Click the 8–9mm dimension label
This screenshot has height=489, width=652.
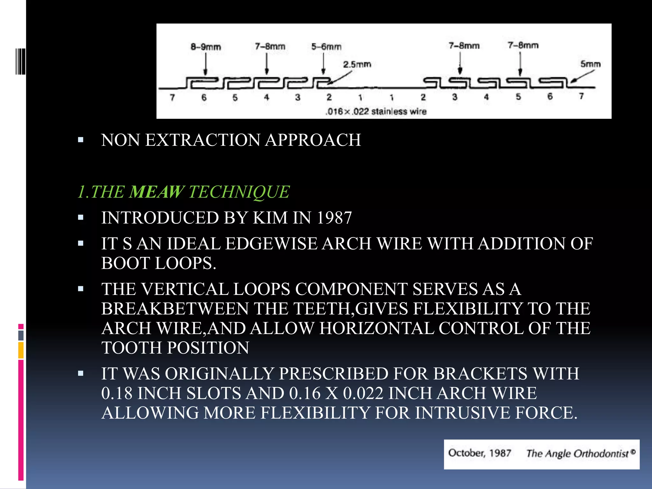[x=206, y=47]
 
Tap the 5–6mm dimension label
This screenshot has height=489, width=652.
[x=326, y=47]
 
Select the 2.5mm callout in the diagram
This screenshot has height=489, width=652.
[x=357, y=65]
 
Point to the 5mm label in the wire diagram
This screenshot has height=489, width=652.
[x=590, y=64]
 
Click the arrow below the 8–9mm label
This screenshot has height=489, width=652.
[x=206, y=64]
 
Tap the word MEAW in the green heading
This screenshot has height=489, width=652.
[x=156, y=192]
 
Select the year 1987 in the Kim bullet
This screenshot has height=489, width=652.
[x=334, y=218]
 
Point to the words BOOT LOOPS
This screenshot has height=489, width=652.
[x=158, y=263]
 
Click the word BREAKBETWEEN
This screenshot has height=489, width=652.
[x=175, y=309]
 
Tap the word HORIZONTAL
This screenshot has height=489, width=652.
[x=377, y=328]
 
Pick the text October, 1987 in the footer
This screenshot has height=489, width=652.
[x=479, y=453]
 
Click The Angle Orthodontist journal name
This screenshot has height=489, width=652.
[x=578, y=454]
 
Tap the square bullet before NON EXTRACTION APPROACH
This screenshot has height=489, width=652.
[x=81, y=140]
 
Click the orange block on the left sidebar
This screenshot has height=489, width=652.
[x=21, y=350]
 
